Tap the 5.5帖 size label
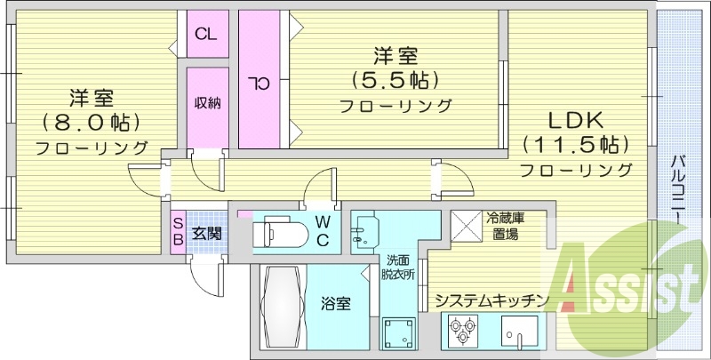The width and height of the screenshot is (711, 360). [395, 81]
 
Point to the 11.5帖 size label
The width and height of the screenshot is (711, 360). [575, 144]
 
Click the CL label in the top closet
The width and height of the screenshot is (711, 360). [205, 36]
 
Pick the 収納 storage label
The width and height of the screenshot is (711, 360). [207, 102]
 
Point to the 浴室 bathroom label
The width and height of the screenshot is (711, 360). [337, 304]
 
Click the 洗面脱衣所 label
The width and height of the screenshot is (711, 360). [398, 267]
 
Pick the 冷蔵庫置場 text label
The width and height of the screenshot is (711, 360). [504, 226]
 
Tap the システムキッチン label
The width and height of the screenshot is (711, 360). [488, 300]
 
